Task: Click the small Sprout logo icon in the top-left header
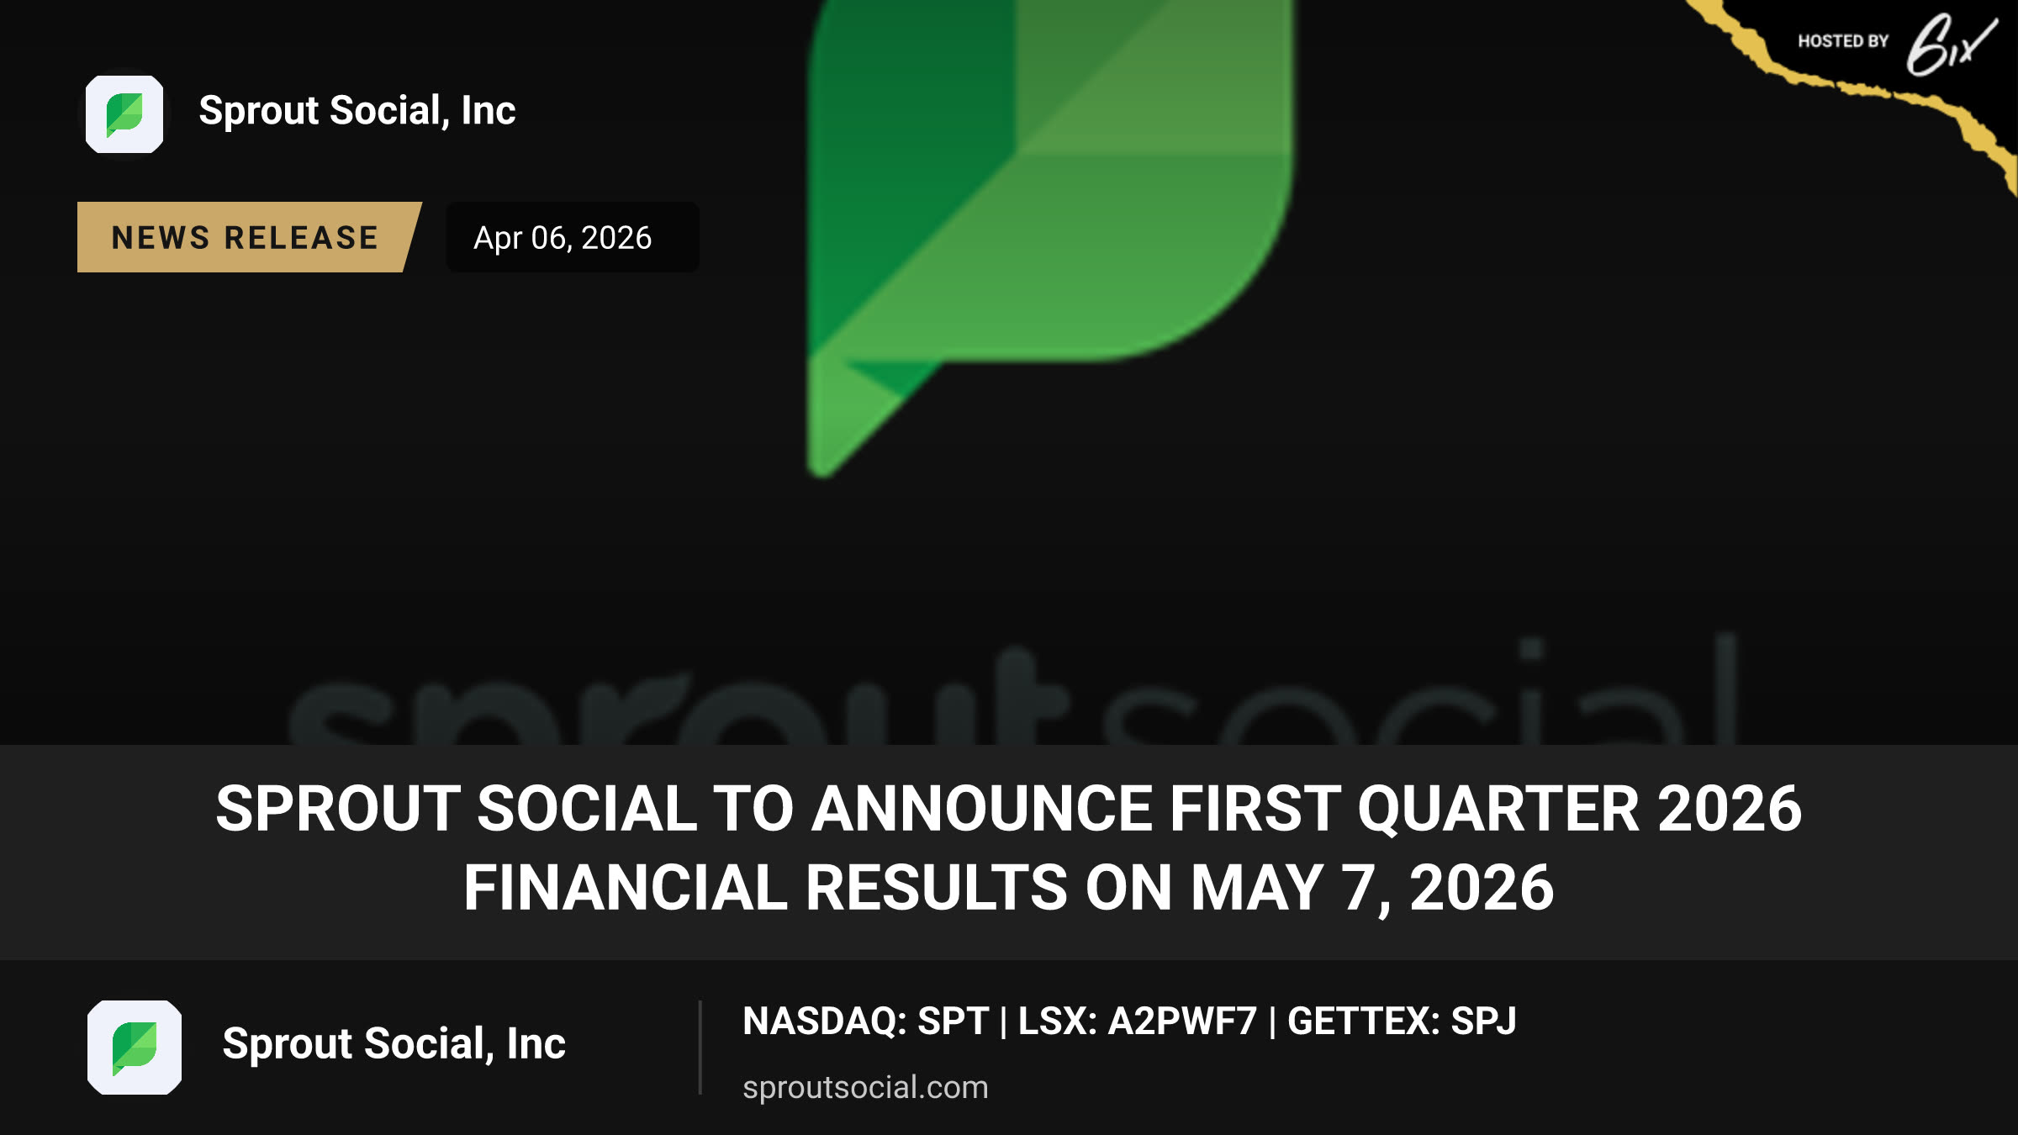coord(124,114)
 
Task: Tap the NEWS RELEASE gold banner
coord(249,237)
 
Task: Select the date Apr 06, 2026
coord(563,238)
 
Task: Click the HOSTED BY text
coord(1843,41)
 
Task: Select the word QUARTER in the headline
coord(1498,809)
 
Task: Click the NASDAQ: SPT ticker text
coord(865,1022)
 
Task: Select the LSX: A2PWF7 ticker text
coord(1137,1022)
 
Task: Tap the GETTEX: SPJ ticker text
coord(1402,1022)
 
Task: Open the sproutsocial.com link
coord(865,1087)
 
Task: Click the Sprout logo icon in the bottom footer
coord(135,1048)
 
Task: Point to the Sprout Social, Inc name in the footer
coord(394,1044)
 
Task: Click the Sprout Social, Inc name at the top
coord(357,111)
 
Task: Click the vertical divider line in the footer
coord(700,1048)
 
